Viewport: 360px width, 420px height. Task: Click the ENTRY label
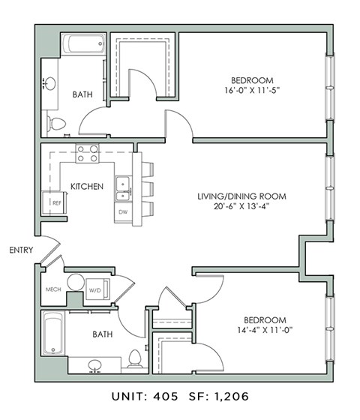tap(20, 250)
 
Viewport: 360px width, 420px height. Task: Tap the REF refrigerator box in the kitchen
tap(55, 202)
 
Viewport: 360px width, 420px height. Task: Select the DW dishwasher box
tap(122, 212)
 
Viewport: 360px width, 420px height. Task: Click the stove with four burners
tap(87, 153)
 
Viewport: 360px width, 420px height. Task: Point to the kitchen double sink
tap(122, 188)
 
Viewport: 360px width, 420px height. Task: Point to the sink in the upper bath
tap(51, 82)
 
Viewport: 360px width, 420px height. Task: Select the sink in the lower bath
tap(94, 366)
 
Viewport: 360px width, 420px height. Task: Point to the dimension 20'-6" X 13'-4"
tap(241, 207)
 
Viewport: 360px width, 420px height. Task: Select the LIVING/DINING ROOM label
tap(241, 196)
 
